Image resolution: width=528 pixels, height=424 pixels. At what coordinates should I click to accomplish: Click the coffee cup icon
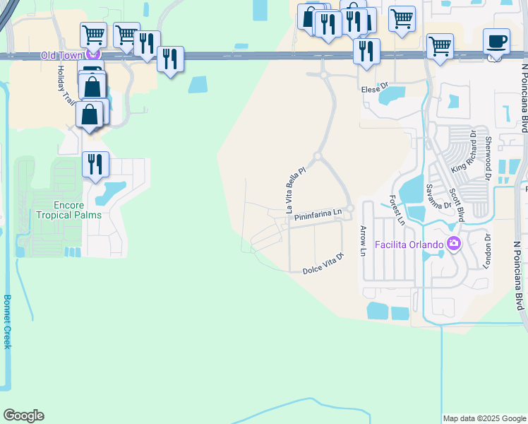(497, 40)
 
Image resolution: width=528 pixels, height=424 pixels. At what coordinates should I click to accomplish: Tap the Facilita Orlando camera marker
(453, 245)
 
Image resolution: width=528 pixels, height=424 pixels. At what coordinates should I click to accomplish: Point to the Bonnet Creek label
(7, 322)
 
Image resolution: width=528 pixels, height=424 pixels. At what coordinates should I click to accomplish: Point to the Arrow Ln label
(364, 242)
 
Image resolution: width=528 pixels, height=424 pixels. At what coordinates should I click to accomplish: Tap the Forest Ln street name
(397, 211)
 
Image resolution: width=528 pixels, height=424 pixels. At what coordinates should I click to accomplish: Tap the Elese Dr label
(375, 90)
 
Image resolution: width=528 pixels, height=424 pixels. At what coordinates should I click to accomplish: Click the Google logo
(23, 416)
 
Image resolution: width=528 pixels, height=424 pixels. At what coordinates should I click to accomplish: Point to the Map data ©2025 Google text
(484, 418)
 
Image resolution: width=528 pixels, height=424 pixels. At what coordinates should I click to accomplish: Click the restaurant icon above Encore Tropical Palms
(95, 164)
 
